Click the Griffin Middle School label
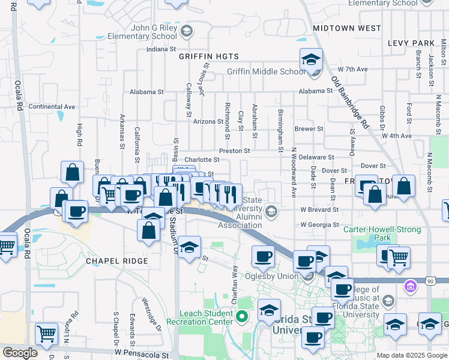coord(265,72)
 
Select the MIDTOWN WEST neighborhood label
coord(346,28)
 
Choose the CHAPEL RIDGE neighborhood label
coord(116,261)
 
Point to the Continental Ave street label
coord(52,107)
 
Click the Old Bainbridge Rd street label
coord(350,103)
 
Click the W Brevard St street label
coord(320,210)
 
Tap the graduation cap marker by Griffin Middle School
coord(311,60)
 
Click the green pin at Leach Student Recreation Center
coord(242,316)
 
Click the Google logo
coord(20,353)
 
